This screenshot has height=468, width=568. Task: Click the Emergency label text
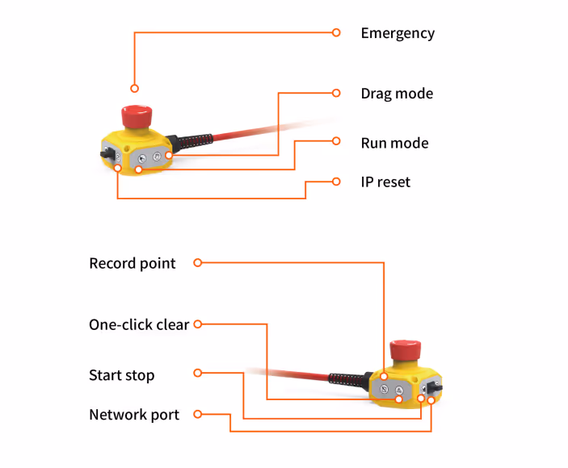pos(398,33)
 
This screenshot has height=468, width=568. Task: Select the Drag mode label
pos(397,94)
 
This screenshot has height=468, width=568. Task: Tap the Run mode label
pos(394,143)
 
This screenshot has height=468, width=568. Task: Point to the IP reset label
pos(385,182)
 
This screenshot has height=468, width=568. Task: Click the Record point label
pos(133,263)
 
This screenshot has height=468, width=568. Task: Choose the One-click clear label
pos(139,325)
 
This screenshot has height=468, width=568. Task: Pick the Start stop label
pos(121,375)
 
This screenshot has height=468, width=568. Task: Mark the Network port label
pos(134,415)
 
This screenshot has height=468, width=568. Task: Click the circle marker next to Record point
pos(198,262)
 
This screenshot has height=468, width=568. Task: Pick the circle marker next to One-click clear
pos(198,324)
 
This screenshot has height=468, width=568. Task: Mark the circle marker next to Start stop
pos(198,374)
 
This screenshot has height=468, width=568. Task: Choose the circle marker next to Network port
pos(198,415)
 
